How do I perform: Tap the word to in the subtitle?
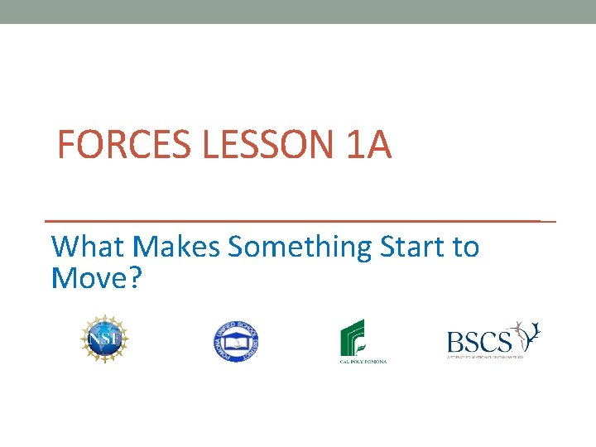pos(465,247)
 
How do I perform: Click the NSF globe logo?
pos(104,339)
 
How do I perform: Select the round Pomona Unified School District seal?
pos(237,340)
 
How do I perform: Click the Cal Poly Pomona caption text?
pos(363,361)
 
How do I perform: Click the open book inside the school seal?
pos(237,341)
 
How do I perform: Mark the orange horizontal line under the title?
pos(298,222)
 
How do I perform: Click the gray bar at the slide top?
pos(298,12)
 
